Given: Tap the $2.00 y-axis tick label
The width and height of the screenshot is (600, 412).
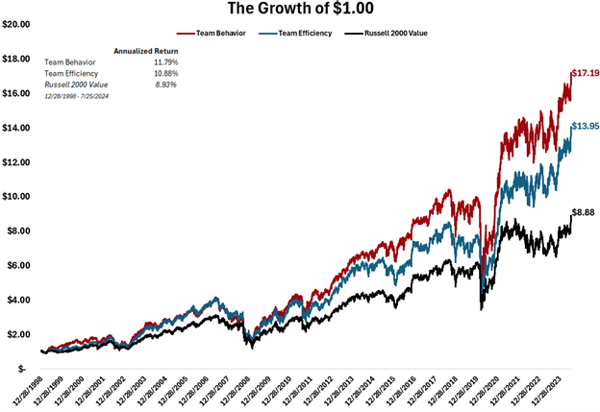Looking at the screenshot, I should coord(20,334).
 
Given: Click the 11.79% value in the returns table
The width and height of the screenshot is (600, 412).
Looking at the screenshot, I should coord(165,61).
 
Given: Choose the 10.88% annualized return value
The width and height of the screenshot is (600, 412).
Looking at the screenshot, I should coord(165,73).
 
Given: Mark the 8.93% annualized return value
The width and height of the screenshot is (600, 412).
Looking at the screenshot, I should coord(166,85).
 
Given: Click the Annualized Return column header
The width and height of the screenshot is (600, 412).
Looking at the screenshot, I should coord(146,50).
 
